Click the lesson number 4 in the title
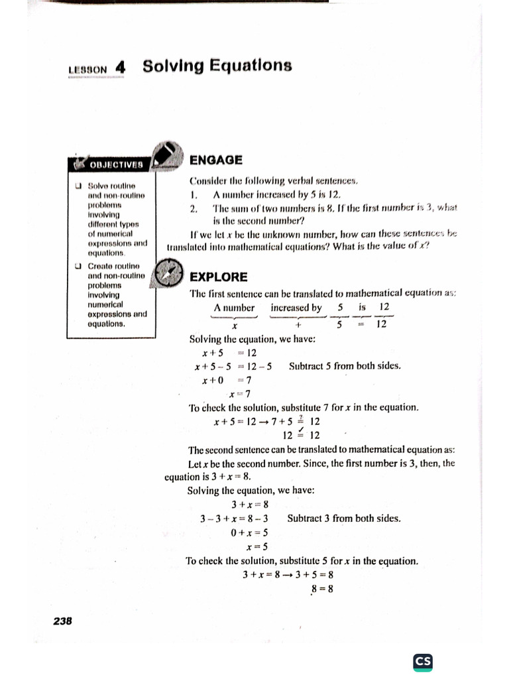coord(119,66)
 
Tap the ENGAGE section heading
coord(216,160)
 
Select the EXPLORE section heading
coord(218,277)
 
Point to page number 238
coord(62,621)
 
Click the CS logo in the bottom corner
coord(422,662)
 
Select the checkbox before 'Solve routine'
coord(79,186)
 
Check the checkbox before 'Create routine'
coord(79,267)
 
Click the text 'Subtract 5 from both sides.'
coord(345,366)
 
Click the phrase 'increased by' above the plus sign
coord(296,308)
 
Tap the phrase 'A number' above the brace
coord(234,308)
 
